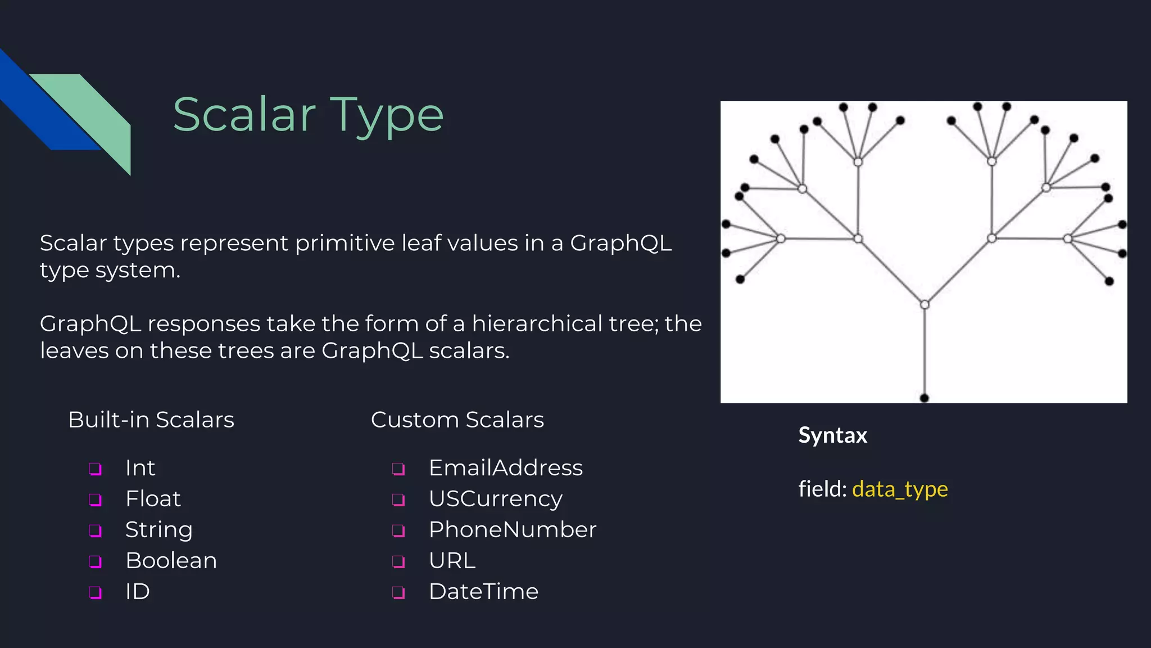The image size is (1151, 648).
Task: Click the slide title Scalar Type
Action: (x=308, y=115)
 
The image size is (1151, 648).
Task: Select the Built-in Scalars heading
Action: (x=151, y=420)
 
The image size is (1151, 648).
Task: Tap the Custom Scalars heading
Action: (x=457, y=420)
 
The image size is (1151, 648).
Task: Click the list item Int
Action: (x=140, y=468)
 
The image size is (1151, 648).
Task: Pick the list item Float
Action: (x=153, y=499)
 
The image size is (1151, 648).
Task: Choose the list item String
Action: (x=158, y=530)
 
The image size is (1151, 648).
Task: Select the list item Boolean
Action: (x=171, y=561)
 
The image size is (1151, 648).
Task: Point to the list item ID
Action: (x=137, y=592)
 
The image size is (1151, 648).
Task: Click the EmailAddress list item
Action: (x=505, y=468)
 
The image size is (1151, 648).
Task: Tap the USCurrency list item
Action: (x=495, y=499)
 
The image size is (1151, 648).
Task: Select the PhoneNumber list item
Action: (x=512, y=530)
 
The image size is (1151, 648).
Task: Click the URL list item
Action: (x=452, y=561)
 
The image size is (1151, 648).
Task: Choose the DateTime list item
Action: (x=483, y=592)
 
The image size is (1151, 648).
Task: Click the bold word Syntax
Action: (x=832, y=435)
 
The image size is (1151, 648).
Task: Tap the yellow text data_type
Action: (x=900, y=489)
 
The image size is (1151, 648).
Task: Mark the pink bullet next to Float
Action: (x=96, y=499)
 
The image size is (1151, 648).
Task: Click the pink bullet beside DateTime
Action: (x=398, y=592)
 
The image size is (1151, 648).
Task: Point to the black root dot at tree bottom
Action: (x=924, y=398)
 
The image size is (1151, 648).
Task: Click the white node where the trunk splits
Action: (x=925, y=305)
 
